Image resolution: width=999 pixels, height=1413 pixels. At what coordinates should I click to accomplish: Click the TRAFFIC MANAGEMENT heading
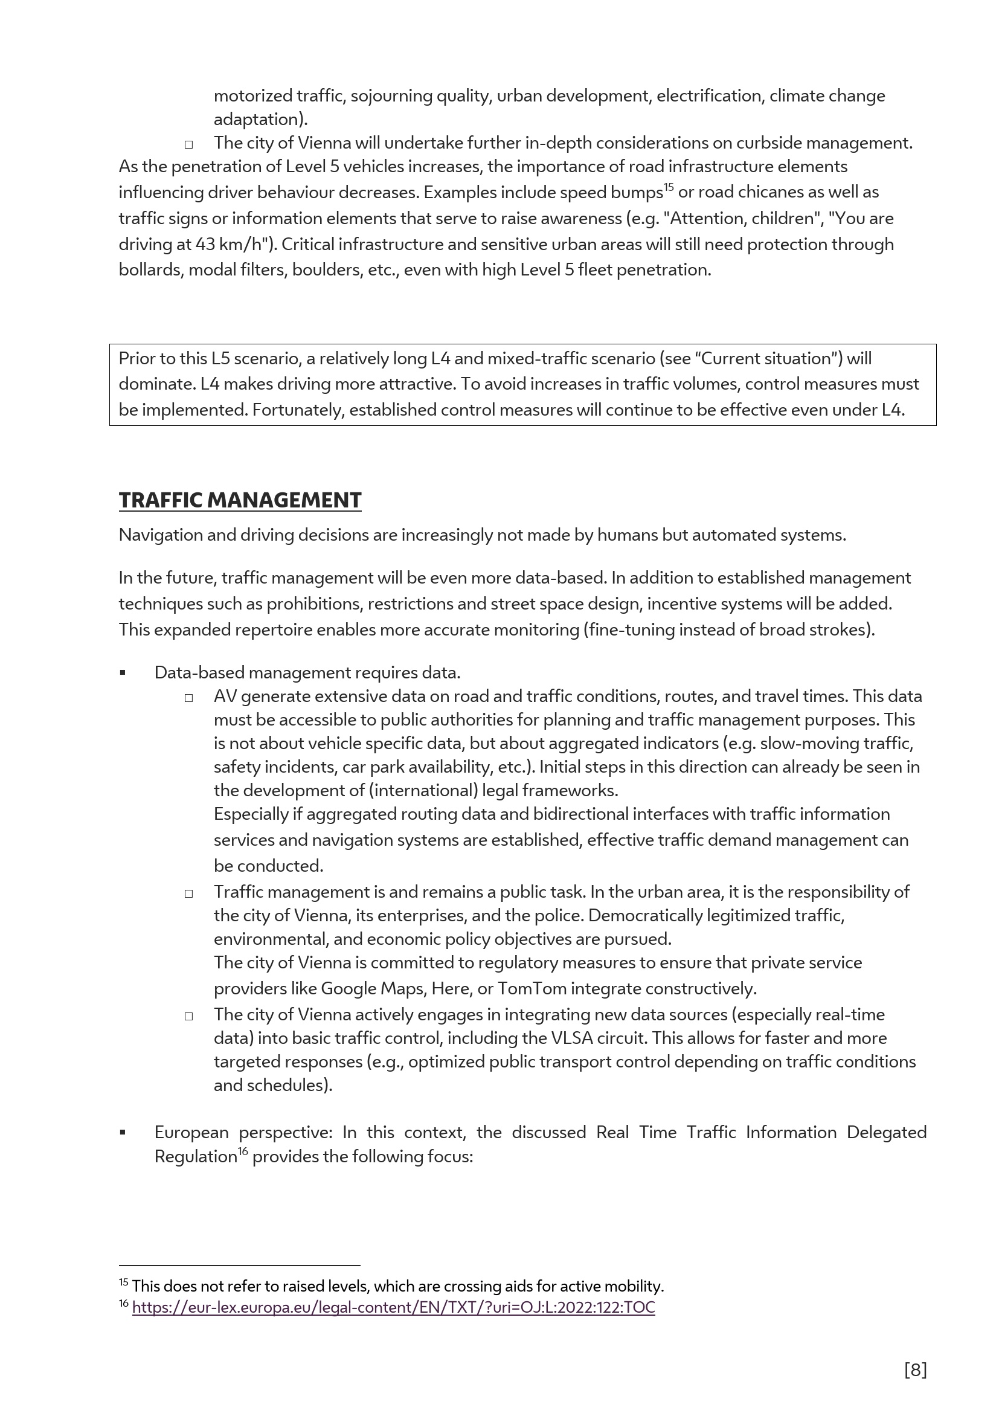click(x=240, y=500)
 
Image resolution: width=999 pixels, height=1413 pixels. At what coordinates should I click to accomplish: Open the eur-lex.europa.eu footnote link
click(x=393, y=1307)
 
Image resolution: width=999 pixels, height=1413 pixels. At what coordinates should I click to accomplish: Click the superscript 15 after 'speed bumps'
click(x=669, y=187)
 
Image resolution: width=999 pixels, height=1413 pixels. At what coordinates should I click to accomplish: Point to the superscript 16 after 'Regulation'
click(x=243, y=1151)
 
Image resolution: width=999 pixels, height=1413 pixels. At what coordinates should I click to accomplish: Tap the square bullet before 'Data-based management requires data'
click(x=123, y=673)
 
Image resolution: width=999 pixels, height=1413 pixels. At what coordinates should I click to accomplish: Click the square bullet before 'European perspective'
click(x=123, y=1132)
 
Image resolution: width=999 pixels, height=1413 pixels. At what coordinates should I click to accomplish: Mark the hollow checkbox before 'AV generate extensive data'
click(x=189, y=698)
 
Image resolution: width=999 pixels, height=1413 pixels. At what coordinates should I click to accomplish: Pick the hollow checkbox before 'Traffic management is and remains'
click(x=189, y=893)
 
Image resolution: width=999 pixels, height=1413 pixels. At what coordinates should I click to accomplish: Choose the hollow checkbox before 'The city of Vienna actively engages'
click(x=189, y=1016)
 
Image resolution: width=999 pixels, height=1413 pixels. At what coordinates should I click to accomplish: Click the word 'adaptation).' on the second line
click(x=260, y=120)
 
